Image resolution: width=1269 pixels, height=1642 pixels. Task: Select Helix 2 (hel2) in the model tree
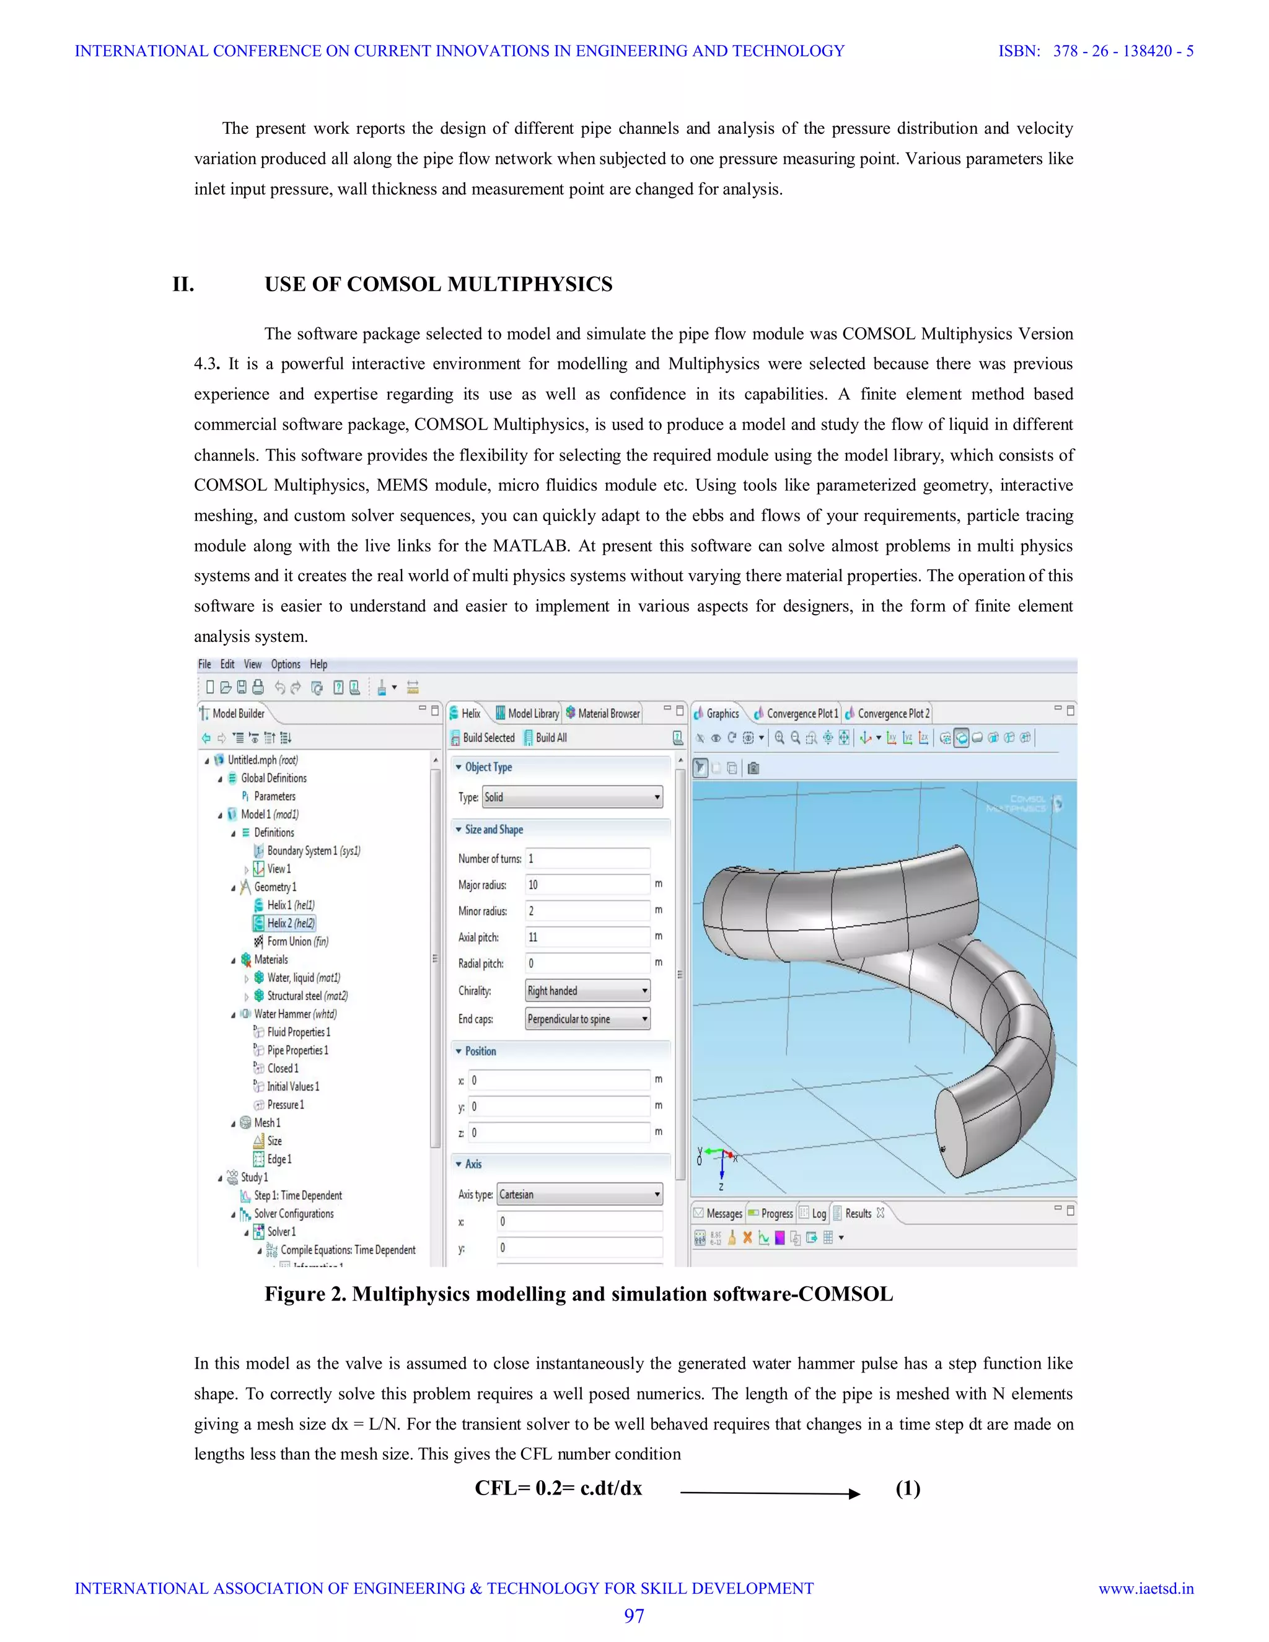[x=290, y=923]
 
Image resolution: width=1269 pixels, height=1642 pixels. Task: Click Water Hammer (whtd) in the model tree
[x=295, y=1014]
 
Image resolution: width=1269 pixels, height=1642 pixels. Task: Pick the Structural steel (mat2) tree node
[x=307, y=996]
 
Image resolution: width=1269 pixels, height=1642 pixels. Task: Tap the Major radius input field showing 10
[x=586, y=885]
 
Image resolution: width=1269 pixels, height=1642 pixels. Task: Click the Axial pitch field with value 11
[x=586, y=937]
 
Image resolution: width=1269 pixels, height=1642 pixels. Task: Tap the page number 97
[x=634, y=1616]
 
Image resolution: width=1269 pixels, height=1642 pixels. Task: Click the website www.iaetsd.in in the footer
[x=1146, y=1589]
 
